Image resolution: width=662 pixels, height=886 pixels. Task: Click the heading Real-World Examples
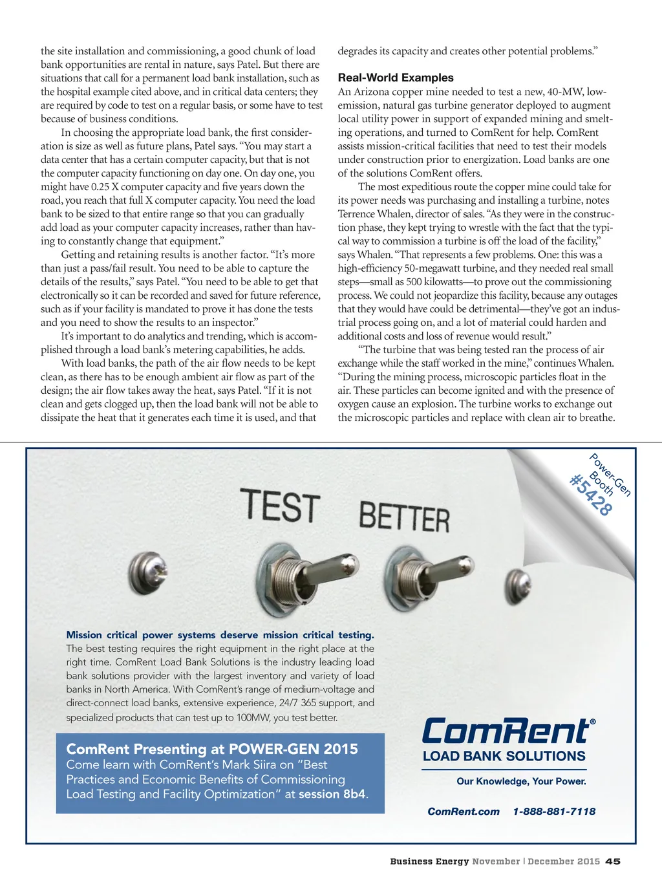click(x=396, y=78)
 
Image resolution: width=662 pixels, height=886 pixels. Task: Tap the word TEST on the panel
click(x=280, y=506)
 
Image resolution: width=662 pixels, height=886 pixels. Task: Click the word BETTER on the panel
click(x=404, y=517)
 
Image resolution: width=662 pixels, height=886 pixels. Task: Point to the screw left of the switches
click(x=147, y=572)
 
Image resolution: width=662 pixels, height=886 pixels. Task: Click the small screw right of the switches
click(x=517, y=581)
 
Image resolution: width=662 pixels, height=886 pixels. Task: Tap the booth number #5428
click(x=590, y=495)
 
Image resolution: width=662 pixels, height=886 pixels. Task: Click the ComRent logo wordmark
click(x=507, y=731)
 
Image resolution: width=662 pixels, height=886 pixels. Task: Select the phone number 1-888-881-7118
click(x=554, y=811)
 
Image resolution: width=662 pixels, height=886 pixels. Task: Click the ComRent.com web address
click(x=464, y=811)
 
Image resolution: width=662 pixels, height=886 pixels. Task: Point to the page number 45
click(x=613, y=861)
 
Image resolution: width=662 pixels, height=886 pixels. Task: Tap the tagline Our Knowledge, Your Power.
click(x=521, y=781)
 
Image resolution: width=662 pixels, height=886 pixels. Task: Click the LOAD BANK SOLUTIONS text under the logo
click(x=504, y=756)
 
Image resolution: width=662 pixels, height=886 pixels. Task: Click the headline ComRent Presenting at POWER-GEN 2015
click(x=212, y=749)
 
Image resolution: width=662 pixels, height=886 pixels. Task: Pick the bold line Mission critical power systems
click(x=220, y=635)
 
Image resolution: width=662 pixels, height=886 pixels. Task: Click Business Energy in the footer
click(x=429, y=861)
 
